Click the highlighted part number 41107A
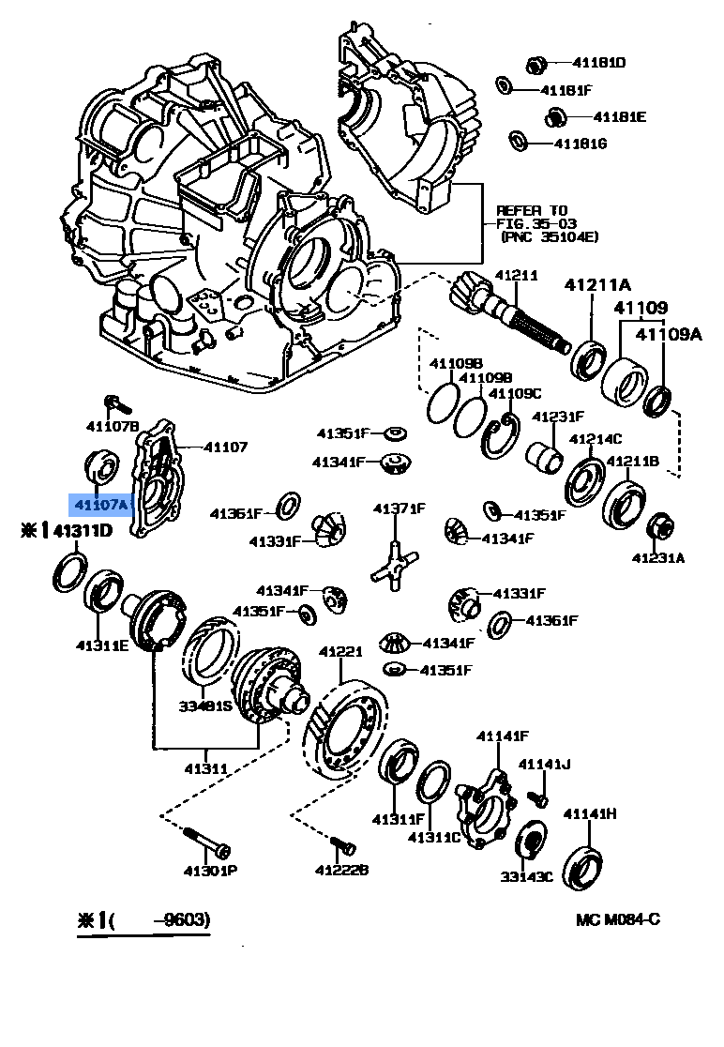pos(101,505)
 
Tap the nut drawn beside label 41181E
pos(554,117)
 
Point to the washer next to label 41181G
pos(517,142)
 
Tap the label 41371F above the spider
pos(400,508)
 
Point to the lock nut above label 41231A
pos(658,528)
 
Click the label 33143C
pos(526,877)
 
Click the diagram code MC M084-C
pos(618,918)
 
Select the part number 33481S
pos(205,706)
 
